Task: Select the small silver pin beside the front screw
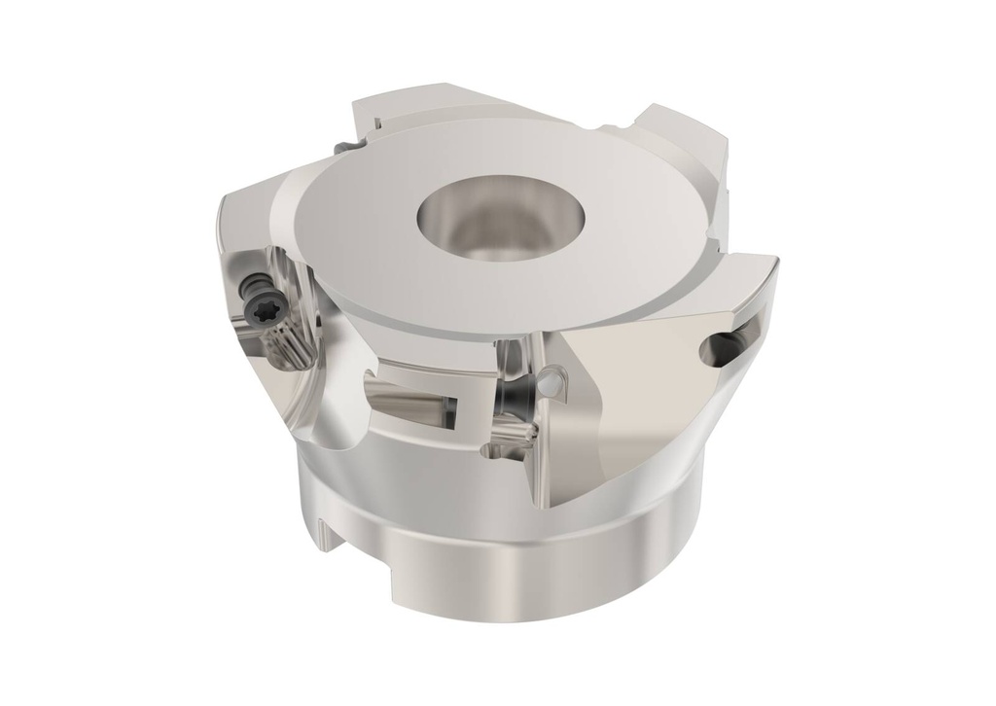(551, 384)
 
